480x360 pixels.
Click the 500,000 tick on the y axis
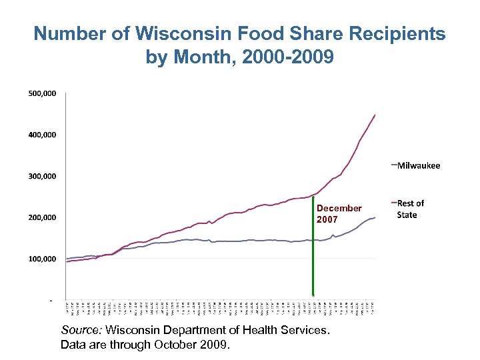[41, 93]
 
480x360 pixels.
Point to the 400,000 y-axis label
[41, 135]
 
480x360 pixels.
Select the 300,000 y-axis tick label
[41, 176]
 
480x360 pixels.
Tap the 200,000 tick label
[41, 217]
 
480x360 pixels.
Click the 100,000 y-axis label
[41, 259]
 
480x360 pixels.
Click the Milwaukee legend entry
[418, 165]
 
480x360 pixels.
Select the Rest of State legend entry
[410, 209]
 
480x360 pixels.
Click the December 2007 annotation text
[339, 213]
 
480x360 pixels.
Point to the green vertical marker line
[313, 247]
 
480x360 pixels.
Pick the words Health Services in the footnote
[292, 330]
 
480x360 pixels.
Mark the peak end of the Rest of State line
[375, 115]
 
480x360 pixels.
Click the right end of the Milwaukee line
[375, 218]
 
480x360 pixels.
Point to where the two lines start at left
[67, 260]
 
